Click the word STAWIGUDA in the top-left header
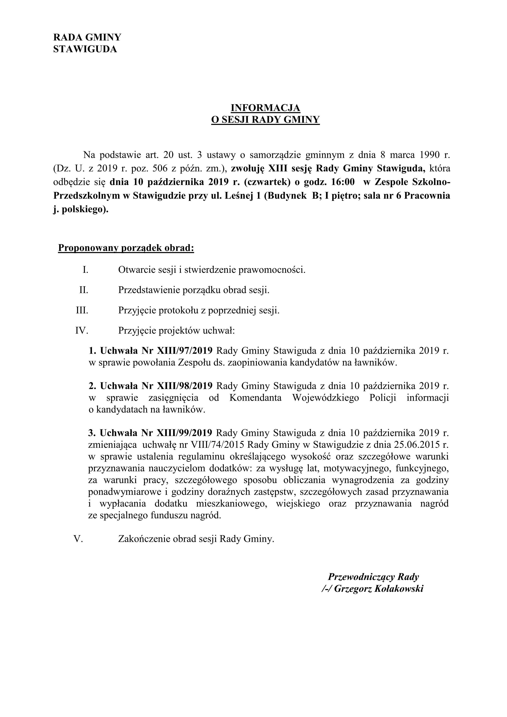click(x=85, y=49)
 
